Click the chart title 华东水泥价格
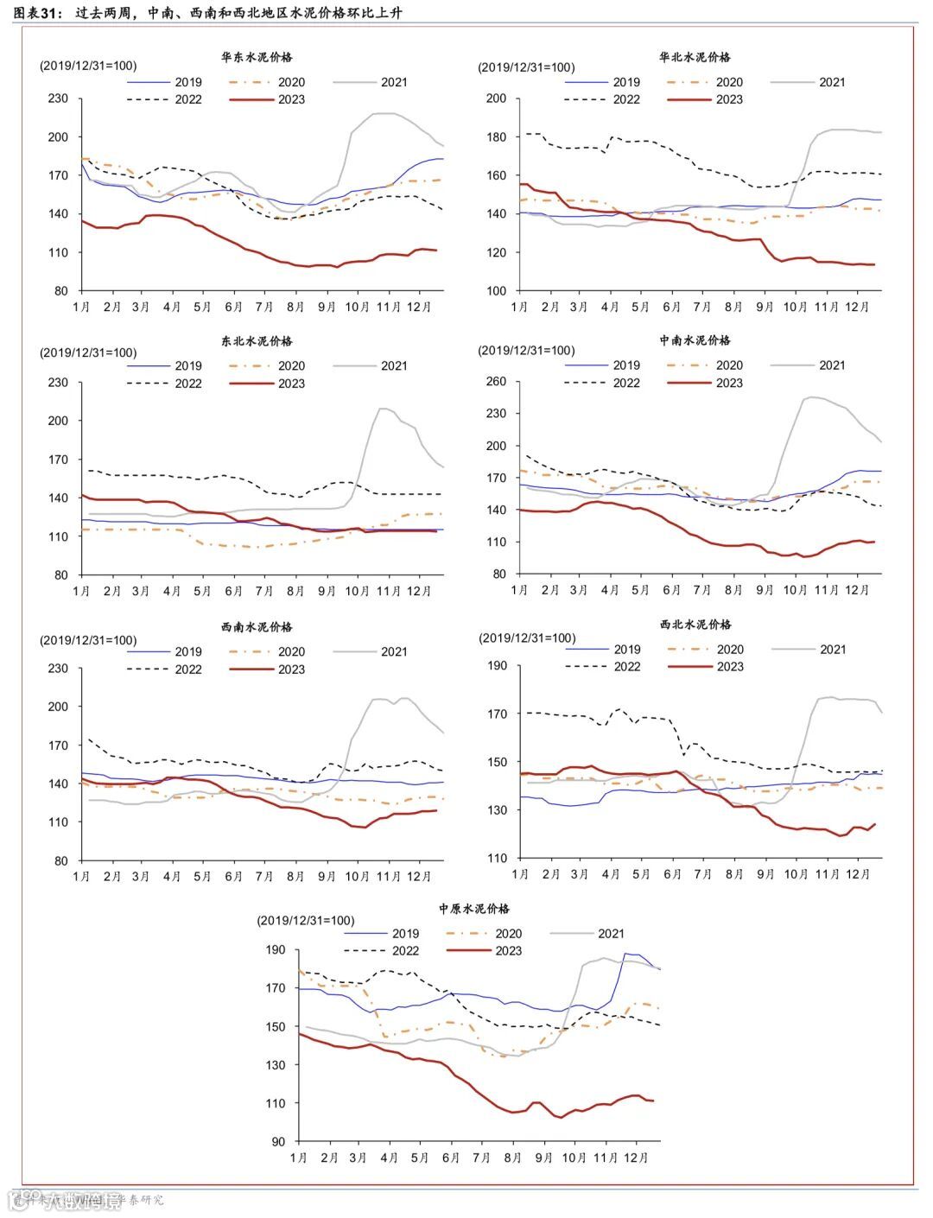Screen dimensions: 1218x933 [257, 57]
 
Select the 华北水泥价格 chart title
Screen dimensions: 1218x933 [695, 57]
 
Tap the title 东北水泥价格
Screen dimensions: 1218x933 [257, 341]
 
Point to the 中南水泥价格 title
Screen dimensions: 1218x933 [695, 340]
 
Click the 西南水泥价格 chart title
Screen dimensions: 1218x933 [257, 627]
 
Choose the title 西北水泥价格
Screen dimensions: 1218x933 [695, 624]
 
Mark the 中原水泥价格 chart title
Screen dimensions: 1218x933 [474, 909]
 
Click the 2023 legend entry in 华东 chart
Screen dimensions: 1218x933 [291, 99]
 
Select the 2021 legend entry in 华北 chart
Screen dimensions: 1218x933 [832, 82]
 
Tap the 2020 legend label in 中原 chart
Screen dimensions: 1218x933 [508, 934]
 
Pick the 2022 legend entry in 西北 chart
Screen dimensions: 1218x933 [627, 667]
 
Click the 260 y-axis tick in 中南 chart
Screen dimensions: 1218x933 [496, 381]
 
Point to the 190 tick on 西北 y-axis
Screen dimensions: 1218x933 [497, 665]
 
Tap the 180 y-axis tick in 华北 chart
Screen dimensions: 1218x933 [496, 136]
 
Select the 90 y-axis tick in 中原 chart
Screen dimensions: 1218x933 [277, 1142]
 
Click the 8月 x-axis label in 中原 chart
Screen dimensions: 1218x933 [513, 1158]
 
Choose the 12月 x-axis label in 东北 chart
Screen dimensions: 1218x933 [419, 591]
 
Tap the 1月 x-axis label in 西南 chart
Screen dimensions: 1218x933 [82, 877]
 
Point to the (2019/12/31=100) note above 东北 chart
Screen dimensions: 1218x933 [87, 352]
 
